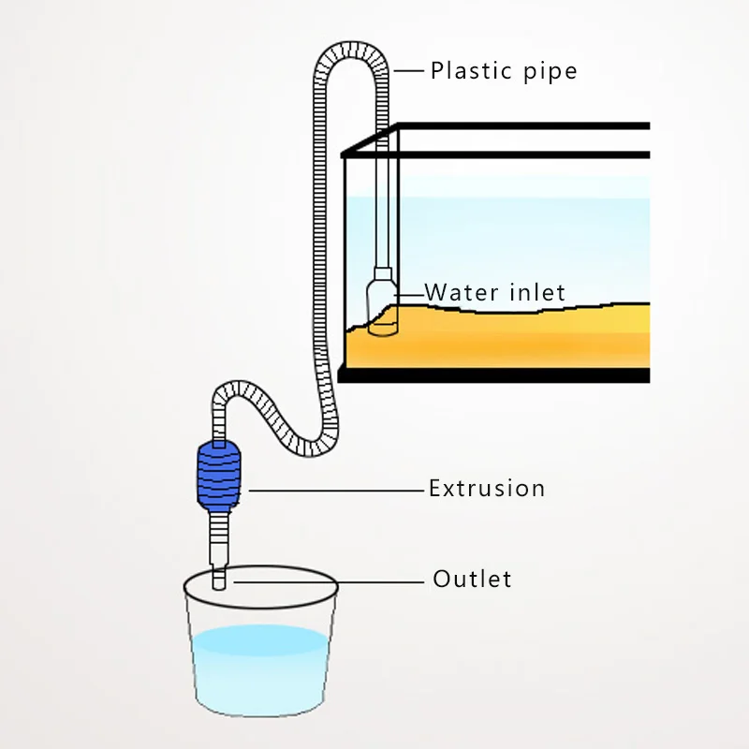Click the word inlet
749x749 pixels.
point(537,293)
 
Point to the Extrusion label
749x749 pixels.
point(486,488)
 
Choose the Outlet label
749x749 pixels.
point(472,579)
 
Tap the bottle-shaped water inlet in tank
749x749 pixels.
point(382,301)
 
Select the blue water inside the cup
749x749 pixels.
point(259,665)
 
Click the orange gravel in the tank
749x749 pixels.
point(496,342)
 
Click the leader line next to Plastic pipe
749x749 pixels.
point(411,70)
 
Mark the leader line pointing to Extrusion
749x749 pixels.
point(337,489)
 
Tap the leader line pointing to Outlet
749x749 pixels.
point(328,580)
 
